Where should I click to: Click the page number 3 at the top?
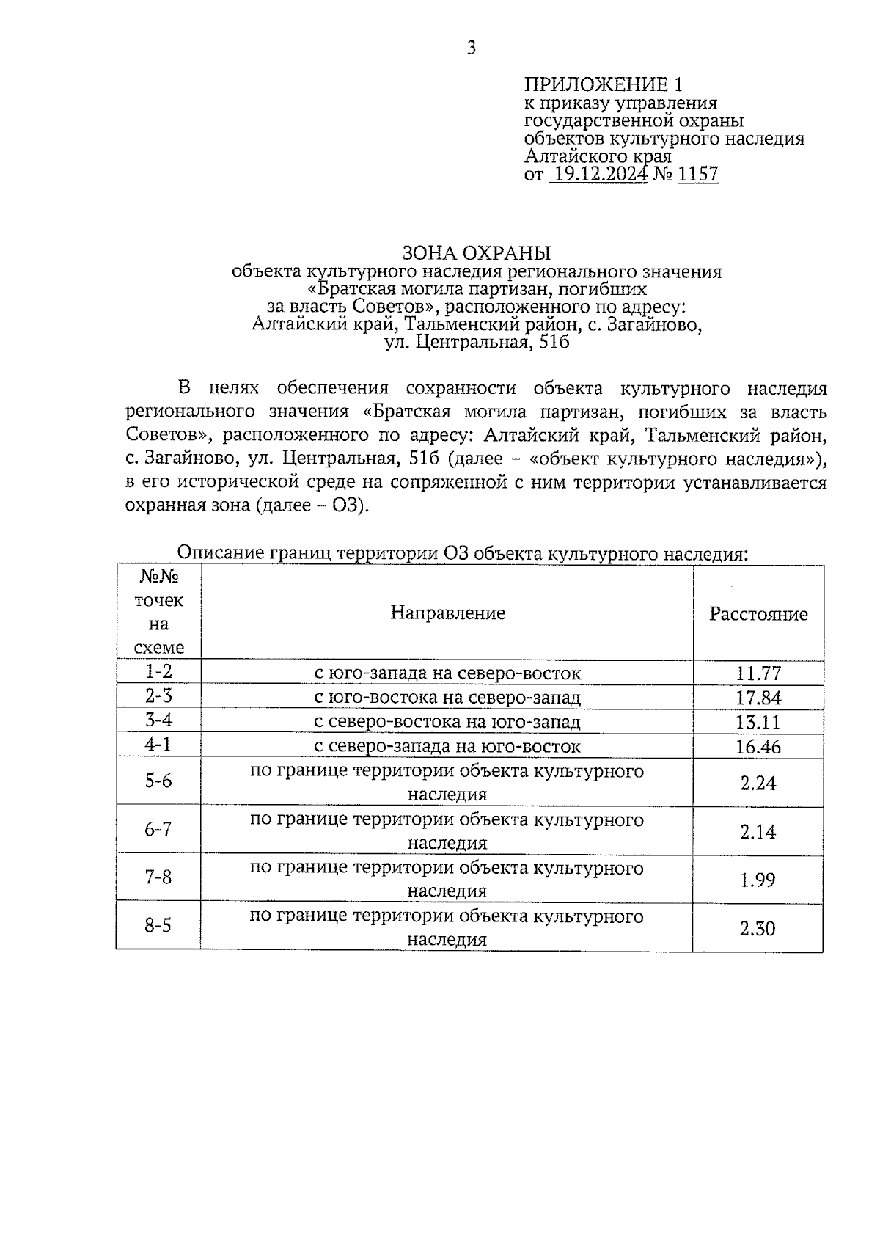click(x=472, y=48)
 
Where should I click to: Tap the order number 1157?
click(x=698, y=175)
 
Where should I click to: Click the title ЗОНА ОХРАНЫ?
click(x=476, y=253)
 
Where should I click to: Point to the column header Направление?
click(x=447, y=613)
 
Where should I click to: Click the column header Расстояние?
click(x=758, y=614)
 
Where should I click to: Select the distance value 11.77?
click(x=758, y=673)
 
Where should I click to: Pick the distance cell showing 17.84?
click(x=758, y=698)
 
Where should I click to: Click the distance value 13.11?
click(x=758, y=722)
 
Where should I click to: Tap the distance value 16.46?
click(x=758, y=747)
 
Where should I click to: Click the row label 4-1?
click(x=158, y=745)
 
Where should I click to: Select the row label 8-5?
click(x=158, y=926)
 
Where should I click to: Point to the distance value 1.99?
click(x=758, y=880)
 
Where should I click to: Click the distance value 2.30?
click(x=758, y=929)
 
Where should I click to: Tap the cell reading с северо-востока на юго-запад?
click(x=447, y=722)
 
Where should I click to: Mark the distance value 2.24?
click(x=758, y=783)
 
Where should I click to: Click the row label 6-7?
click(x=158, y=829)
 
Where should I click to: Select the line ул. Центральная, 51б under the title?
click(x=477, y=342)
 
